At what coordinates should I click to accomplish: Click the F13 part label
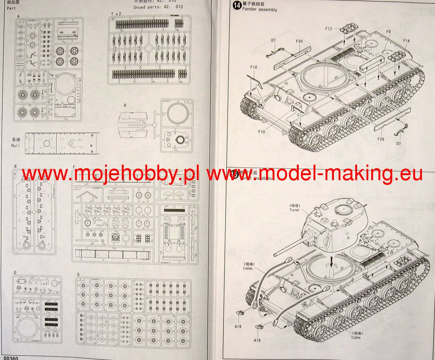pos(328,28)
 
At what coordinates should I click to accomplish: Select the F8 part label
pos(388,32)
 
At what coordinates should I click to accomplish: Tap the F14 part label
pos(406,41)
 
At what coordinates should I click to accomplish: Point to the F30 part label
pos(299,42)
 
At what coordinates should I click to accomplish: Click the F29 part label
pos(380,139)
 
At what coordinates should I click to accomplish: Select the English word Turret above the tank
pos(294,210)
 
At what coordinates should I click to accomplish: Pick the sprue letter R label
pos(125,105)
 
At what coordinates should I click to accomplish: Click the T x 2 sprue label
pos(116,14)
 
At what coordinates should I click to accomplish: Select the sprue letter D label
pos(15,272)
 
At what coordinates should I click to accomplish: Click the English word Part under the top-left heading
pos(11,7)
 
